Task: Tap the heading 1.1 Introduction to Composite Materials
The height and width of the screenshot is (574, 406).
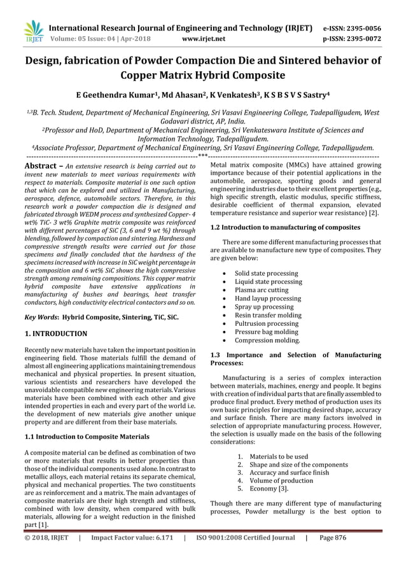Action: pyautogui.click(x=87, y=437)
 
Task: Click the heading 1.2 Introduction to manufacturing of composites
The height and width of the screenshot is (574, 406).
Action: pyautogui.click(x=285, y=227)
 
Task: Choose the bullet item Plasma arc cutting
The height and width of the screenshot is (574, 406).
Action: pyautogui.click(x=262, y=290)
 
